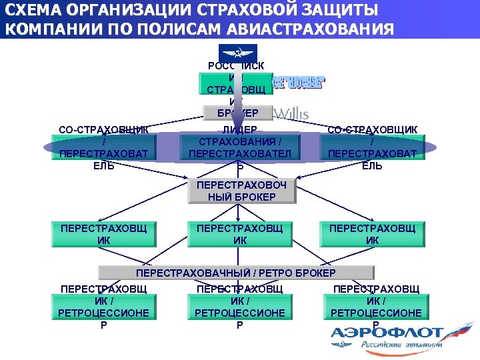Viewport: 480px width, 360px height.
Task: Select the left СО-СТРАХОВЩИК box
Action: click(104, 147)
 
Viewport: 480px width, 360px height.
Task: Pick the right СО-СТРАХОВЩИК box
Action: click(372, 147)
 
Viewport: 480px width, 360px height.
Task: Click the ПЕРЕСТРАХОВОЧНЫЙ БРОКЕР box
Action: click(241, 191)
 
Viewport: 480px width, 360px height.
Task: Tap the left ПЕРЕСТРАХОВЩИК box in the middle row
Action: click(103, 234)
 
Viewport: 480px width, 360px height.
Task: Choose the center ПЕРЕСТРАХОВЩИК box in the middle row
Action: click(239, 234)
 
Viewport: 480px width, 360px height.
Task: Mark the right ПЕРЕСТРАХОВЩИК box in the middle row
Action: click(372, 234)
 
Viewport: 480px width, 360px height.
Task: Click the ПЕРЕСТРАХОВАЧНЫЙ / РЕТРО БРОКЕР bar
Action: click(236, 273)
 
